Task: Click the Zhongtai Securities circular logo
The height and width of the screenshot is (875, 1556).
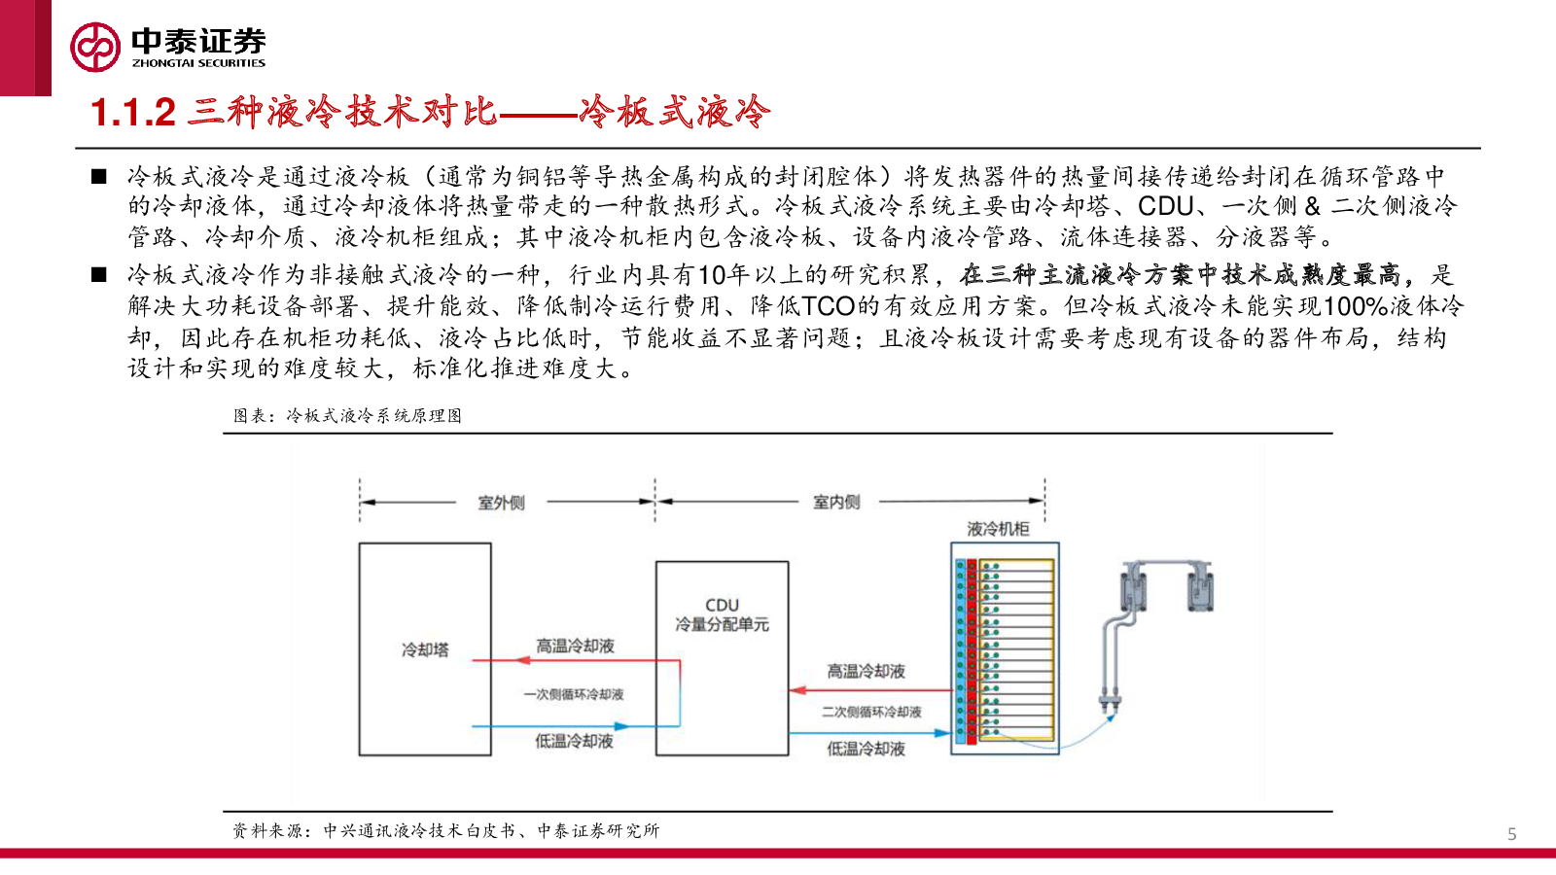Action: pos(94,47)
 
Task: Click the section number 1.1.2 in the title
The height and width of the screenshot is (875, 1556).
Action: pos(133,113)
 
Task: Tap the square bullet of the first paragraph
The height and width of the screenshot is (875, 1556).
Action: pos(98,176)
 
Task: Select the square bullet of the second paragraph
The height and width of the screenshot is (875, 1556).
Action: pos(98,275)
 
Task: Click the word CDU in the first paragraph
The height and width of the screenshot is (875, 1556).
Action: pos(1165,206)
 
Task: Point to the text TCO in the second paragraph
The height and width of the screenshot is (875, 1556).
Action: pos(828,306)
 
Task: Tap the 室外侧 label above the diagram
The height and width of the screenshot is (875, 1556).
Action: pos(501,502)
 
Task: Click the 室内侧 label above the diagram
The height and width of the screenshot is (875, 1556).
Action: pos(836,502)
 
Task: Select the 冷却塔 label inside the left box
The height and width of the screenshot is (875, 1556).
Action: pos(425,650)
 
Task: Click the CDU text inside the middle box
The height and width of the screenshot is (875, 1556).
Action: pos(722,605)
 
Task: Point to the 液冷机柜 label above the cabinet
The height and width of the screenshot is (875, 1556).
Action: pos(998,529)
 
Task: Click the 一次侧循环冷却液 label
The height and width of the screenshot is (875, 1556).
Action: pos(574,694)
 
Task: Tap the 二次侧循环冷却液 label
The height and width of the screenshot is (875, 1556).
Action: pos(871,712)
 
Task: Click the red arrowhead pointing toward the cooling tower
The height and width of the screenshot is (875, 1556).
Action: pos(522,660)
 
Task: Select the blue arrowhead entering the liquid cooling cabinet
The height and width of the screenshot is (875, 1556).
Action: pos(942,733)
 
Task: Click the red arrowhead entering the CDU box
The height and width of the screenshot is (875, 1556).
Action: pos(797,690)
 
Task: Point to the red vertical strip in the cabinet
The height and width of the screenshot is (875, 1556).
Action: pos(972,651)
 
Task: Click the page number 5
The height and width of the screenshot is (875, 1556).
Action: pos(1511,834)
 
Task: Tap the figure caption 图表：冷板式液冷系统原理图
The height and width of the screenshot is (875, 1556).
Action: pos(347,416)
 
